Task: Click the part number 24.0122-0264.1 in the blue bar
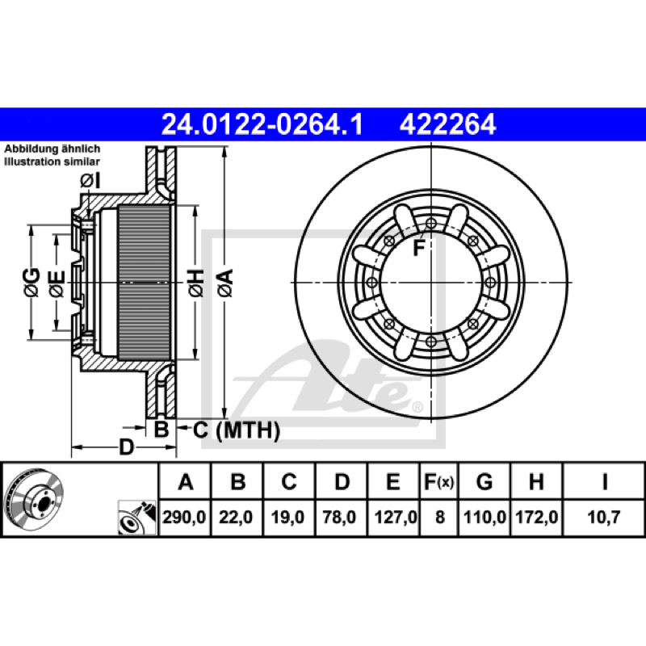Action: point(262,124)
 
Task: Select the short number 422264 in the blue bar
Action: point(447,124)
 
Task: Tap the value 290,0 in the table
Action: point(184,517)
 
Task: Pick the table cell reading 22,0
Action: point(236,517)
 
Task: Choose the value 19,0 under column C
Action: point(287,517)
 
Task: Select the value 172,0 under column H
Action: point(537,517)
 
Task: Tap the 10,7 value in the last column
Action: point(603,517)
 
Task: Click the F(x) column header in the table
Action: point(439,481)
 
